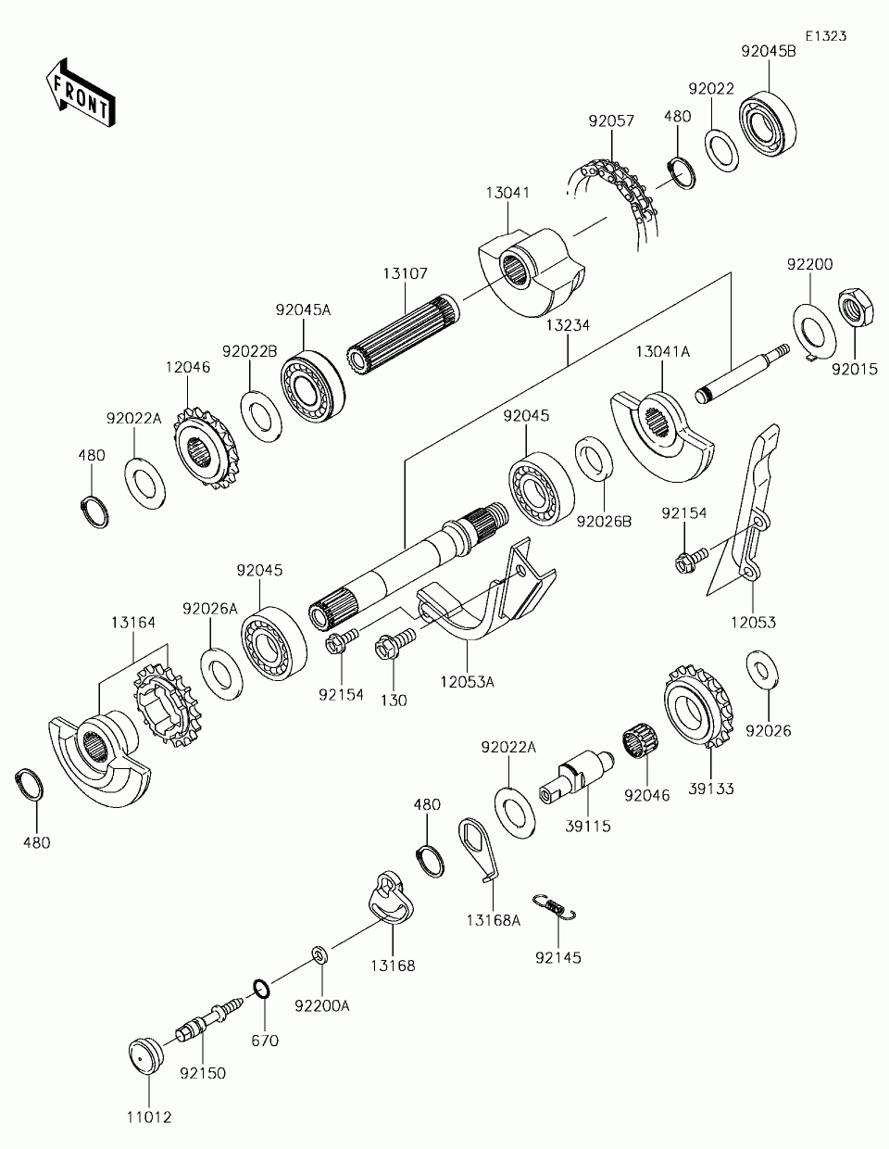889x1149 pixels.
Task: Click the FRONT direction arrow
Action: pyautogui.click(x=80, y=93)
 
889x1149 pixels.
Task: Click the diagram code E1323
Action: pyautogui.click(x=826, y=36)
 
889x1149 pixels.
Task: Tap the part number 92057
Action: pyautogui.click(x=611, y=121)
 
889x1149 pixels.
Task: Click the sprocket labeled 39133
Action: pyautogui.click(x=698, y=705)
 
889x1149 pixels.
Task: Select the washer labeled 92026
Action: pyautogui.click(x=762, y=670)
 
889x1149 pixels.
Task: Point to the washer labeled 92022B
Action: pyautogui.click(x=261, y=416)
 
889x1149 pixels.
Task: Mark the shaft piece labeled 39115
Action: pyautogui.click(x=577, y=777)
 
